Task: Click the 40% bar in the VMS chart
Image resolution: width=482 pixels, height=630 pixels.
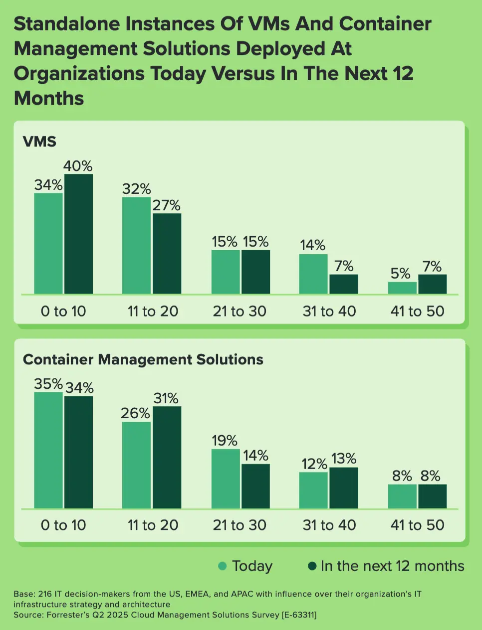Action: pyautogui.click(x=78, y=234)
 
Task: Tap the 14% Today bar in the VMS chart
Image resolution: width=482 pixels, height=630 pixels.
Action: pyautogui.click(x=313, y=274)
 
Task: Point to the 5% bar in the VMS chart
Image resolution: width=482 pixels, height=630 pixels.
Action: pyautogui.click(x=402, y=288)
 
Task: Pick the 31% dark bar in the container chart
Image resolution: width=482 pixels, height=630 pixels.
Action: pyautogui.click(x=167, y=457)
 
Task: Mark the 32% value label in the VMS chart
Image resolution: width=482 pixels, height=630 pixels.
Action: pyautogui.click(x=136, y=189)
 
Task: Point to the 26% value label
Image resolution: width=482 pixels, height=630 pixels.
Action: pyautogui.click(x=135, y=413)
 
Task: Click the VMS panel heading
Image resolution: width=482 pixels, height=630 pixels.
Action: pyautogui.click(x=39, y=142)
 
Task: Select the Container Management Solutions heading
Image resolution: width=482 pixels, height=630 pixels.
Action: pyautogui.click(x=143, y=359)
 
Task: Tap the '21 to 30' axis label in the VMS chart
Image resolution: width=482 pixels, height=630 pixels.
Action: pyautogui.click(x=240, y=311)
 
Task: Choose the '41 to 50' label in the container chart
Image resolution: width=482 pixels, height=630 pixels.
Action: pyautogui.click(x=417, y=525)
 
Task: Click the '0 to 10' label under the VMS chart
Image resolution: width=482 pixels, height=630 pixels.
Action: pyautogui.click(x=63, y=311)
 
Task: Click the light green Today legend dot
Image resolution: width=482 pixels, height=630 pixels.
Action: pyautogui.click(x=223, y=566)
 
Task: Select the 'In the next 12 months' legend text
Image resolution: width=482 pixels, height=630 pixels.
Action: pyautogui.click(x=392, y=566)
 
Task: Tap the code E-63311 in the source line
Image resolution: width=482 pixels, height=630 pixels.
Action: pyautogui.click(x=299, y=615)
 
